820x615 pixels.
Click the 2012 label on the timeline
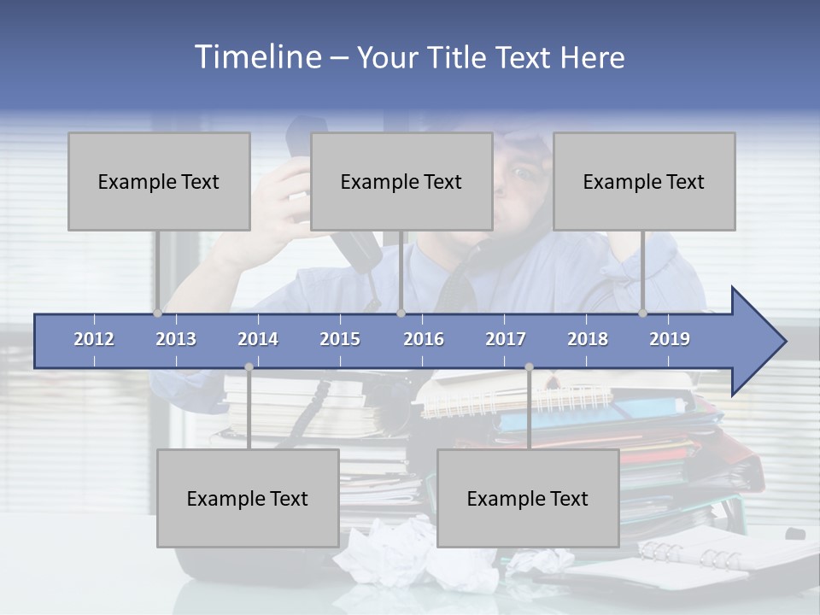pyautogui.click(x=94, y=339)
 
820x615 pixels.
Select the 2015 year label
pyautogui.click(x=340, y=339)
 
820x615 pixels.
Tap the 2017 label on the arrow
pyautogui.click(x=506, y=339)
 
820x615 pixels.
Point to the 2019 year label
pyautogui.click(x=670, y=339)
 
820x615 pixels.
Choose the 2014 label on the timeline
pyautogui.click(x=258, y=339)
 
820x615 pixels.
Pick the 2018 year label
pyautogui.click(x=588, y=339)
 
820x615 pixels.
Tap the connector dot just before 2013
pyautogui.click(x=157, y=313)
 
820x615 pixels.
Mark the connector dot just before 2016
pyautogui.click(x=401, y=313)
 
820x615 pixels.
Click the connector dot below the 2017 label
pyautogui.click(x=529, y=367)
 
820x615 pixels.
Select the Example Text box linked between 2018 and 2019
pyautogui.click(x=644, y=182)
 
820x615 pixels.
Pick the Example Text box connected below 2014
pyautogui.click(x=248, y=498)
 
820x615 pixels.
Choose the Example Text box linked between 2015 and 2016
pyautogui.click(x=401, y=182)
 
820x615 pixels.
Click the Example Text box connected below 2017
pyautogui.click(x=528, y=498)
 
